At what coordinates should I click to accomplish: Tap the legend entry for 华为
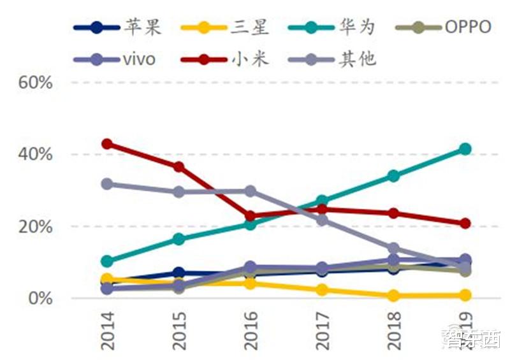tap(338, 27)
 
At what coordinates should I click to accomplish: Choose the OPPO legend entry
tap(442, 27)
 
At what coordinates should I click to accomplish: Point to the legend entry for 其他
tap(338, 59)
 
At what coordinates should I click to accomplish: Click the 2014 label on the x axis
tap(108, 330)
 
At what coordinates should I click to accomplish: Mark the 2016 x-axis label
tap(251, 330)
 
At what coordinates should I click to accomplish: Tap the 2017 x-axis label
tap(323, 330)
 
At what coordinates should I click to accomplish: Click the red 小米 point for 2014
tap(107, 144)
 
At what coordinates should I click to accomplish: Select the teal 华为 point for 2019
tap(465, 149)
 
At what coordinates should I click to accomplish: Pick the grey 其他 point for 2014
tap(107, 184)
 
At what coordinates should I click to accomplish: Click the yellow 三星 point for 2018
tap(394, 296)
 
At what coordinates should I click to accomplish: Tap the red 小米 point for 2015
tap(179, 167)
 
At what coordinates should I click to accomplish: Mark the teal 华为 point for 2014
tap(107, 261)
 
